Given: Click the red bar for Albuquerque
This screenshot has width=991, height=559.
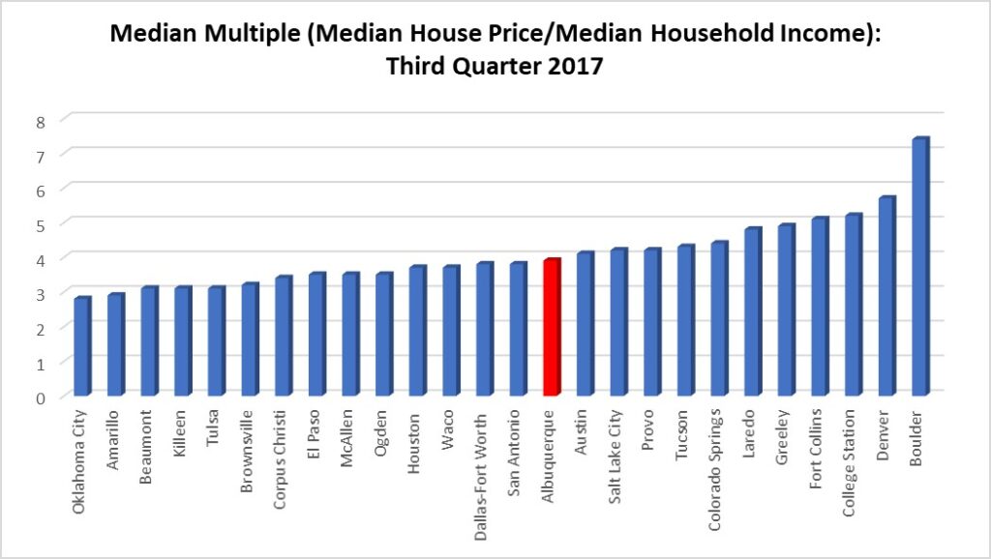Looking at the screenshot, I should click(551, 328).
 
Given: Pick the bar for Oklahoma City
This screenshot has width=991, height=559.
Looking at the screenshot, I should click(82, 347).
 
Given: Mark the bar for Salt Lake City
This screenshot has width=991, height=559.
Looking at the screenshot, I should click(617, 323).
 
